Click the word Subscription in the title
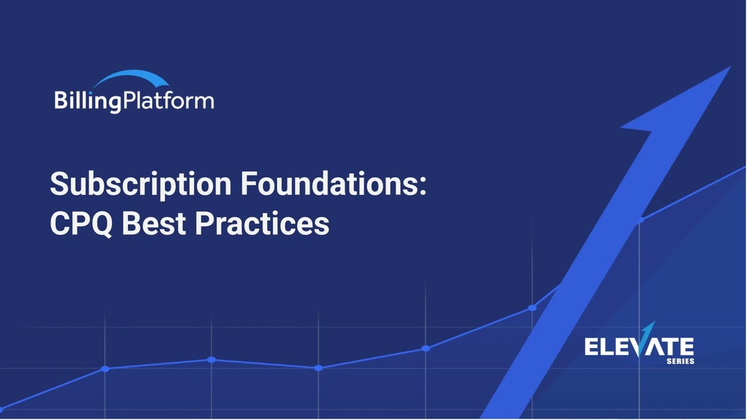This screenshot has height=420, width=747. click(x=140, y=184)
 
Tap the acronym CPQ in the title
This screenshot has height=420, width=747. click(x=81, y=223)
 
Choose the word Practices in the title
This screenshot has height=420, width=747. click(x=262, y=223)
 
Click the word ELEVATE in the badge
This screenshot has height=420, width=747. click(x=639, y=347)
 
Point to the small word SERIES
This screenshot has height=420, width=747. click(x=680, y=362)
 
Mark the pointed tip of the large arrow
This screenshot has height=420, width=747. click(x=728, y=68)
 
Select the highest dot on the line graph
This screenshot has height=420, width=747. click(x=640, y=220)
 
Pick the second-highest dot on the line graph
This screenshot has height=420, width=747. click(x=532, y=307)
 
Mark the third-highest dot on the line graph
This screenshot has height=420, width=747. click(x=425, y=348)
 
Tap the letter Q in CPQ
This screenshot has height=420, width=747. click(x=100, y=223)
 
